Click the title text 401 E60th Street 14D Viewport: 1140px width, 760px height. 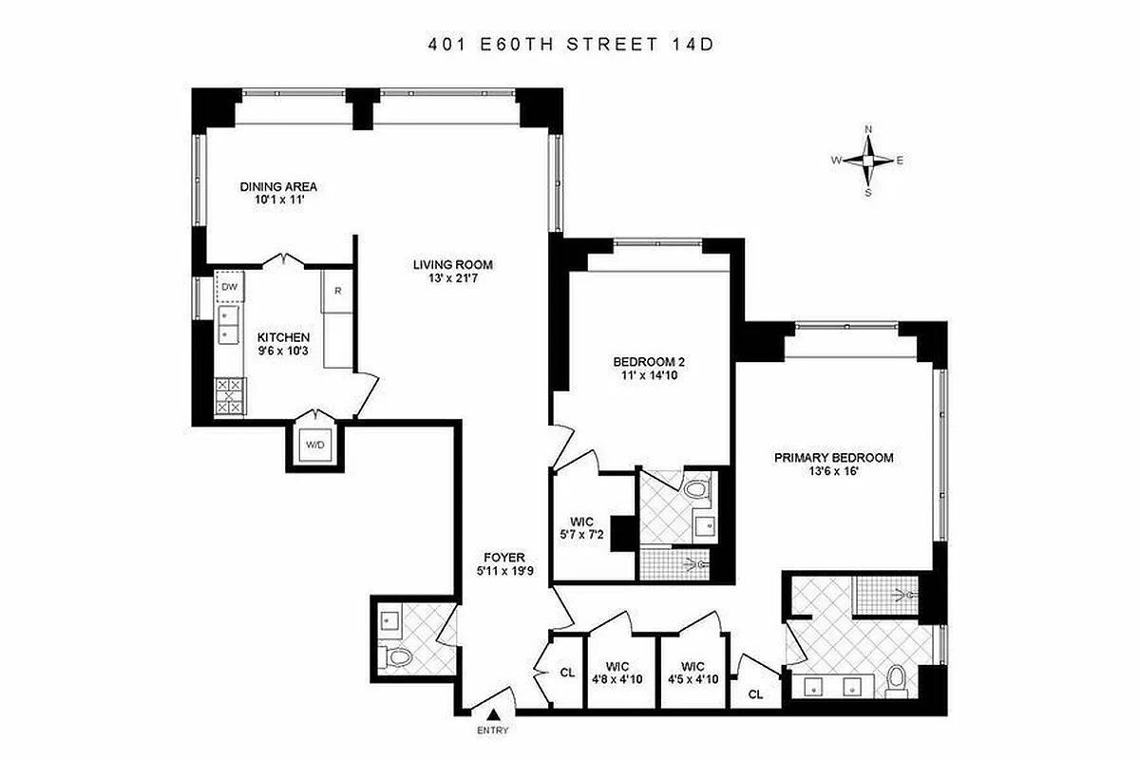pyautogui.click(x=569, y=44)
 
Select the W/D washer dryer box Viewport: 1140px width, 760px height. pyautogui.click(x=313, y=445)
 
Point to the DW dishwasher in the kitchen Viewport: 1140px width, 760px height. pyautogui.click(x=229, y=286)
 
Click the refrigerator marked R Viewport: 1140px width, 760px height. pyautogui.click(x=337, y=291)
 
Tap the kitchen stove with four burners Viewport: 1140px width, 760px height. pyautogui.click(x=229, y=394)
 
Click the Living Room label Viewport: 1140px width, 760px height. pyautogui.click(x=452, y=265)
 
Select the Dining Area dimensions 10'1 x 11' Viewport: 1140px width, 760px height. pyautogui.click(x=277, y=200)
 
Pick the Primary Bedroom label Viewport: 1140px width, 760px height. pyautogui.click(x=833, y=457)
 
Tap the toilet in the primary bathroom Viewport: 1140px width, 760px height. pyautogui.click(x=894, y=681)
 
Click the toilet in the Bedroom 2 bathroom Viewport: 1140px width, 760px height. pyautogui.click(x=697, y=490)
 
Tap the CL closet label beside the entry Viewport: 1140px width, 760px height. pyautogui.click(x=567, y=673)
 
